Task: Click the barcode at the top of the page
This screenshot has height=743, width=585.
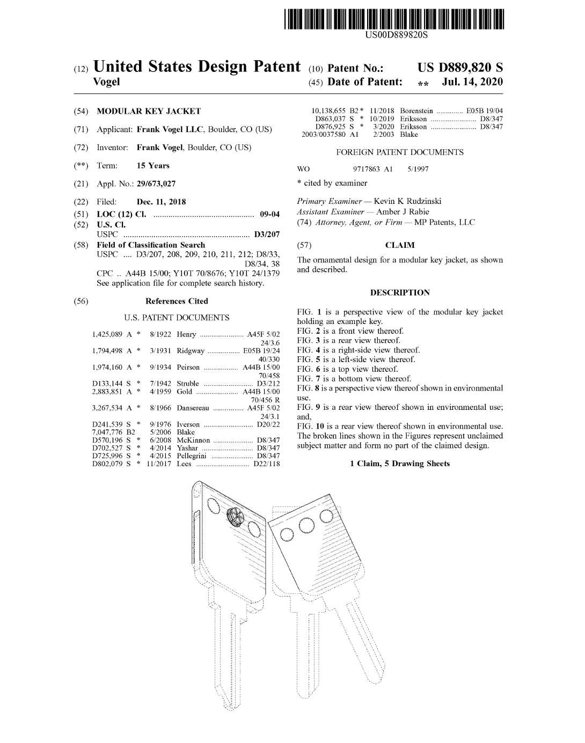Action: click(x=394, y=19)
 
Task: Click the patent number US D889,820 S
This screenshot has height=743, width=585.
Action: click(x=460, y=68)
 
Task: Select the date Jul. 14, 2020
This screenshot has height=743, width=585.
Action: click(x=472, y=82)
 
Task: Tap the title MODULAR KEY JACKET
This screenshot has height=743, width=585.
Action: click(x=149, y=111)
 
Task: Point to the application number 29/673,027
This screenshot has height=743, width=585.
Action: click(x=156, y=183)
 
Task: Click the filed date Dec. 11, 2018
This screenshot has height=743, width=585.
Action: click(x=162, y=202)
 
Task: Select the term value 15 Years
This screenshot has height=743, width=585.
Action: click(x=153, y=166)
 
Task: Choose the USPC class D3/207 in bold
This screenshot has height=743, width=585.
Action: click(x=267, y=234)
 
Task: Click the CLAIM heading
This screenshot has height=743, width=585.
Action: click(x=400, y=245)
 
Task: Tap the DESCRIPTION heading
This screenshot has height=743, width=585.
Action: click(x=400, y=292)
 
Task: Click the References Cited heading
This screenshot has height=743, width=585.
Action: click(x=177, y=301)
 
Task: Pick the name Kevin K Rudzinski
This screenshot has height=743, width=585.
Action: click(x=407, y=201)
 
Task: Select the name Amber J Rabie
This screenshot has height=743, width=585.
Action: click(x=403, y=212)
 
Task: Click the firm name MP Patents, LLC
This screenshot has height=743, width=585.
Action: click(x=445, y=222)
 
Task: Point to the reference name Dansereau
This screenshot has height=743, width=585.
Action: click(x=193, y=408)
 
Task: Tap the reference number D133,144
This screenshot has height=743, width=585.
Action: click(x=107, y=384)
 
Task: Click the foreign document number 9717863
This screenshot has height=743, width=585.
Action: click(x=366, y=169)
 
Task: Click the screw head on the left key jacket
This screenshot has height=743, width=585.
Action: click(x=235, y=517)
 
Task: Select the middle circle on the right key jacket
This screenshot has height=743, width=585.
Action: click(x=306, y=526)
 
